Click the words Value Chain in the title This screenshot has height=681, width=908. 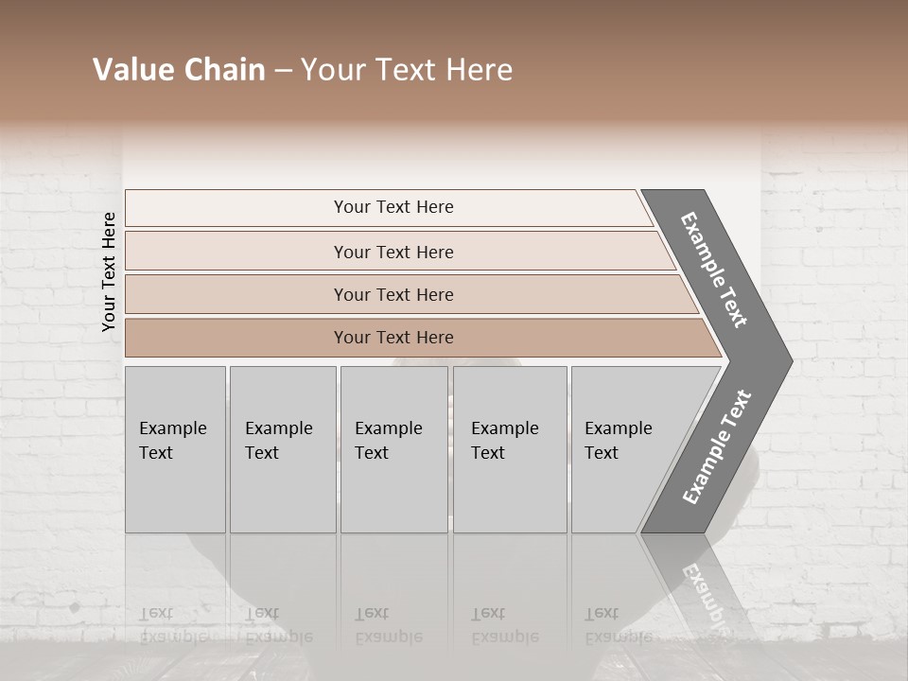179,70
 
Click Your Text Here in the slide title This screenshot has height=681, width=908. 407,70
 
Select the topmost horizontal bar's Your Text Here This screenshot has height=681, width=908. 393,207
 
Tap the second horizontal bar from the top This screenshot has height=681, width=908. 393,252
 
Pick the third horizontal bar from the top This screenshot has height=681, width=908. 393,294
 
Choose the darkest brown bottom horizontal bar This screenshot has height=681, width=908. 393,338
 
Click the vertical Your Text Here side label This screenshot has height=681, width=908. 109,271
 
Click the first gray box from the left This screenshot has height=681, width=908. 175,449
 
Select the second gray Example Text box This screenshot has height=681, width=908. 282,449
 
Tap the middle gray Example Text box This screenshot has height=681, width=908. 393,449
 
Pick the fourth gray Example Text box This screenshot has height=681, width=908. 509,449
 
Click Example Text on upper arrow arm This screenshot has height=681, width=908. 714,270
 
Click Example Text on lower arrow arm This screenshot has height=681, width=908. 716,447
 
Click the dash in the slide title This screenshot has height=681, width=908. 283,71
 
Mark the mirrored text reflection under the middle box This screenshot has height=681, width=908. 388,625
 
